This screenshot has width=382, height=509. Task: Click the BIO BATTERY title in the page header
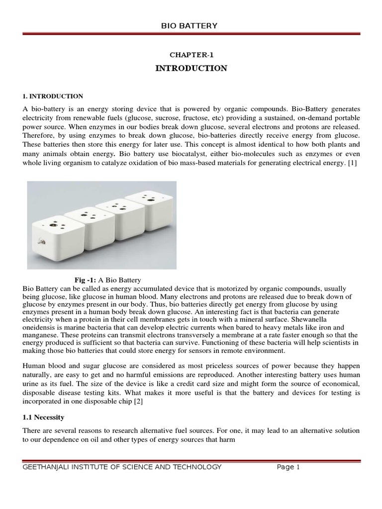click(x=191, y=26)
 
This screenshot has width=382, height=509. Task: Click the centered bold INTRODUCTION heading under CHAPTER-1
click(x=191, y=69)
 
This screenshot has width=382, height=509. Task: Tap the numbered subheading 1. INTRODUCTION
click(x=53, y=96)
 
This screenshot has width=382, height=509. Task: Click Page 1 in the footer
click(x=288, y=467)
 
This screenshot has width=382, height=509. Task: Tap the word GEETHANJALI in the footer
click(x=48, y=467)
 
